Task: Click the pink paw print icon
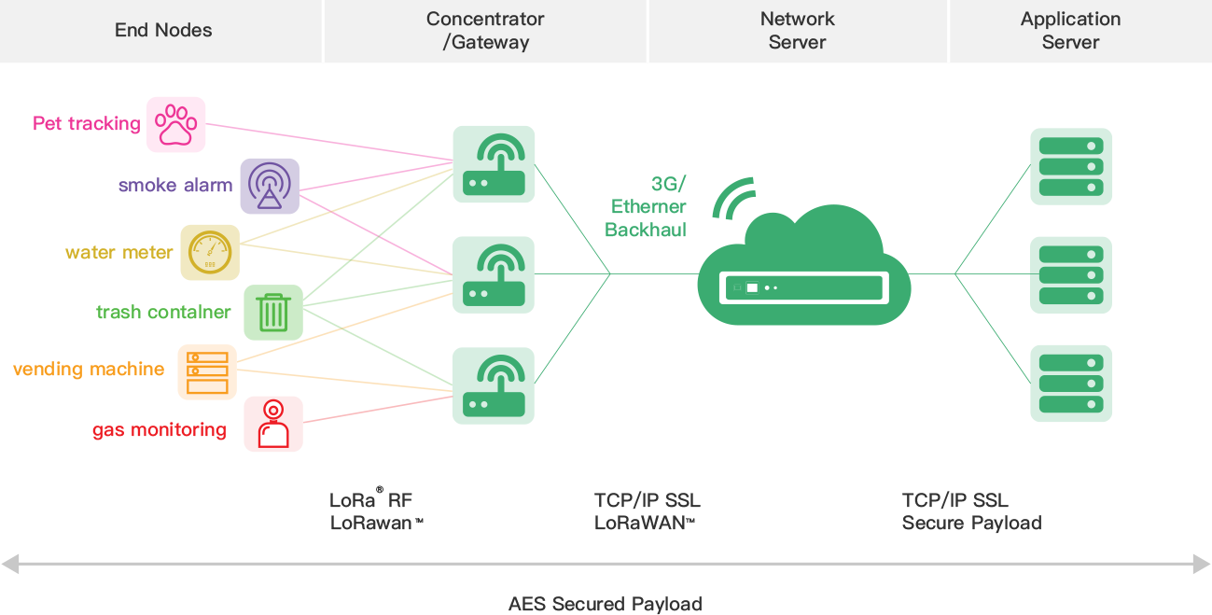175,124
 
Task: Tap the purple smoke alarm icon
270,186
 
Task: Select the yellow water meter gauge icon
209,252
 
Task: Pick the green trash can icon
272,312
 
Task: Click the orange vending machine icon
207,371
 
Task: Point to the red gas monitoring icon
273,425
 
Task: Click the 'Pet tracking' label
86,124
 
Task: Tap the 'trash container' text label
163,313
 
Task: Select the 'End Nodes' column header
163,30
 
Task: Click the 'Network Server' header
797,30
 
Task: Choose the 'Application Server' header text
1070,30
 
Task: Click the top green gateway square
494,164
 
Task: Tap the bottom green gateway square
494,385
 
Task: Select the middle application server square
1071,274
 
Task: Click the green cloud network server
803,271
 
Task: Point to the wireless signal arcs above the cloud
733,196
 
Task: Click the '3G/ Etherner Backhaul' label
646,206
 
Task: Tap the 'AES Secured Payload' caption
605,604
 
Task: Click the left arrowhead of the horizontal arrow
9,563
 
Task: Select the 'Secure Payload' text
971,523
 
